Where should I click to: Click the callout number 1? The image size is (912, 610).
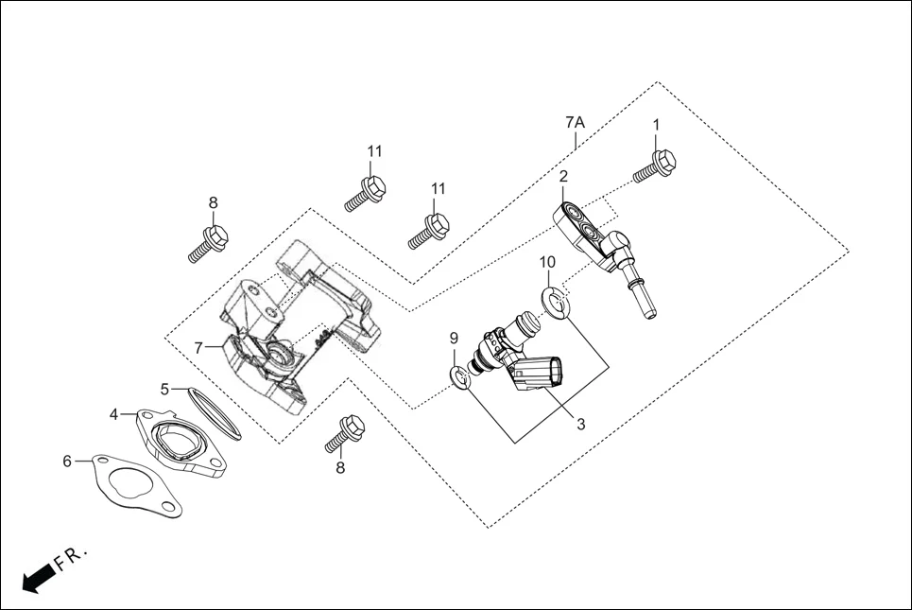(656, 124)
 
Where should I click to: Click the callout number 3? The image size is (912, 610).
(580, 425)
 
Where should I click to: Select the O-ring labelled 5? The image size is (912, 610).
(213, 412)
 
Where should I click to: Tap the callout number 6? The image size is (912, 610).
(67, 462)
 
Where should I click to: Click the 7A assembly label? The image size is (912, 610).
(575, 123)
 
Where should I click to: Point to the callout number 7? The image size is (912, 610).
(198, 348)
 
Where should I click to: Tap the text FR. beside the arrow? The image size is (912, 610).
(71, 559)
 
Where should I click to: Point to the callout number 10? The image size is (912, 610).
(547, 262)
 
